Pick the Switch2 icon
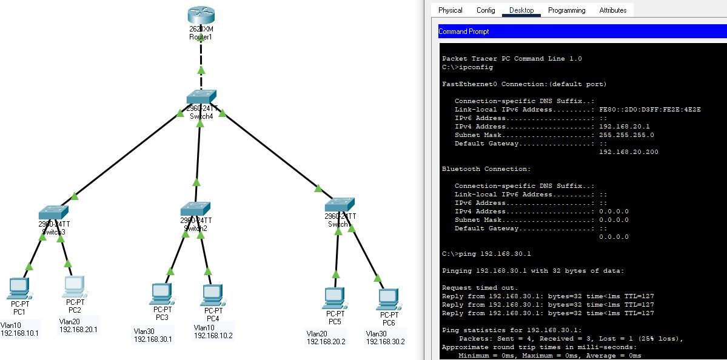point(195,209)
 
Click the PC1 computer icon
point(19,287)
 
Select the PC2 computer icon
point(75,285)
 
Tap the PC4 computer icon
point(212,295)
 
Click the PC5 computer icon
point(335,297)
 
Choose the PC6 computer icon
point(388,298)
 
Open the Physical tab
point(450,10)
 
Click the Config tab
point(486,10)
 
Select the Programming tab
point(566,10)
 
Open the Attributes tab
point(612,10)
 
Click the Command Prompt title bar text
point(463,32)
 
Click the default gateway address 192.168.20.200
point(628,152)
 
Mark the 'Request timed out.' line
point(480,288)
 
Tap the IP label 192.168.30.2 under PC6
point(385,342)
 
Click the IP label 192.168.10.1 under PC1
point(19,333)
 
